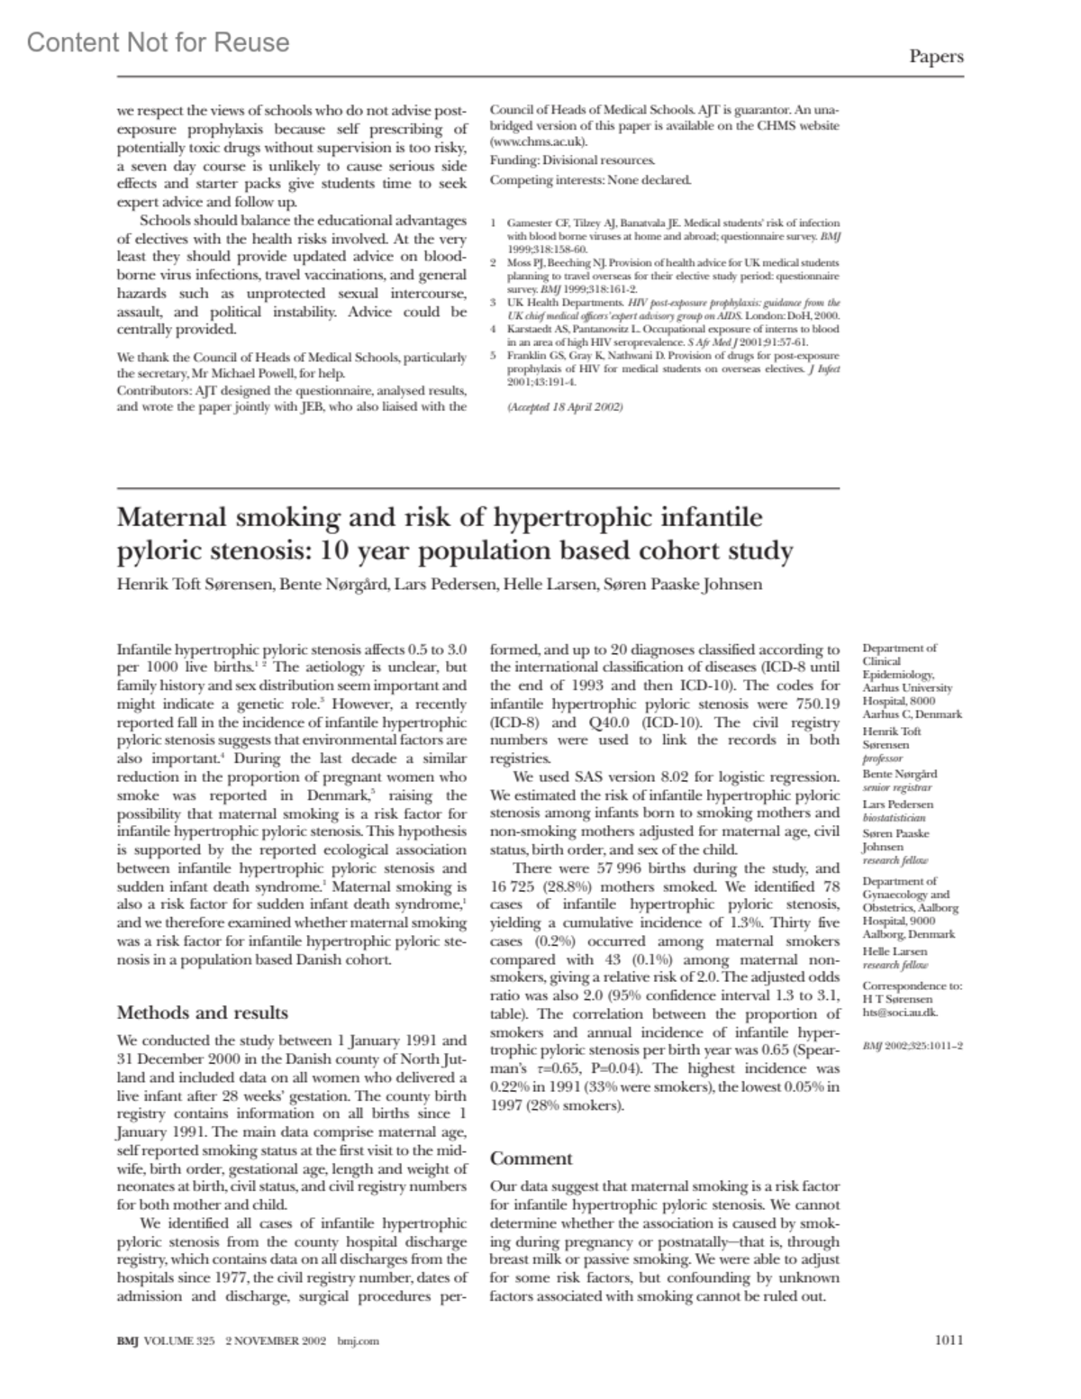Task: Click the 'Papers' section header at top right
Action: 936,57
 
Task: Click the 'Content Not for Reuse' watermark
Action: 159,42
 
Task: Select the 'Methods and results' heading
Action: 203,1013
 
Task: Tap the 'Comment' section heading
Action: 531,1158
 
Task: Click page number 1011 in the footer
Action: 949,1340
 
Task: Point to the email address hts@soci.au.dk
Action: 900,1012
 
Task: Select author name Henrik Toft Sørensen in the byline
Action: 194,584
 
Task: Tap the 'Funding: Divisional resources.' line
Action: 572,160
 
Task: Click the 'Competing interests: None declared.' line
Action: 590,179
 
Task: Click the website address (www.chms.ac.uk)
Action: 539,141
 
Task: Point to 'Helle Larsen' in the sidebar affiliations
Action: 895,951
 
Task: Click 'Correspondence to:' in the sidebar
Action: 912,986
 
